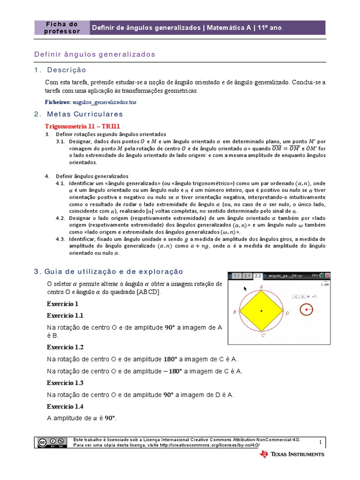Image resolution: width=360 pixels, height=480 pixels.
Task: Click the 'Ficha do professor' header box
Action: tap(61, 28)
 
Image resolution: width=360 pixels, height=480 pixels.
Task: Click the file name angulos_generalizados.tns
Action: tap(105, 102)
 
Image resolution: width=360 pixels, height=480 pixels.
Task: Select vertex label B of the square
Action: tap(234, 312)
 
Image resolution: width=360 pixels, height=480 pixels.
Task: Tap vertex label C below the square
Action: tap(263, 335)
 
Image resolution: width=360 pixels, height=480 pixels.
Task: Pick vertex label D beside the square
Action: tap(287, 313)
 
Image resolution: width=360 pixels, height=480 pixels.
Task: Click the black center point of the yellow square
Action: tap(261, 310)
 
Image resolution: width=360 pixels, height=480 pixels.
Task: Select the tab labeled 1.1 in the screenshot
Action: tap(236, 276)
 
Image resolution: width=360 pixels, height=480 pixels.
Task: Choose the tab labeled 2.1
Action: tap(247, 276)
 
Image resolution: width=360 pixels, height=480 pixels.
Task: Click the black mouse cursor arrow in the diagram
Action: tap(245, 288)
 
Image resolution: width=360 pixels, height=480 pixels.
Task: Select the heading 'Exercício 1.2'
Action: tap(65, 347)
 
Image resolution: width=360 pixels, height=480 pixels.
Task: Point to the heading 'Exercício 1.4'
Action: tap(65, 406)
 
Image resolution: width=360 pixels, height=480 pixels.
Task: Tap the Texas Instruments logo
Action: tap(292, 454)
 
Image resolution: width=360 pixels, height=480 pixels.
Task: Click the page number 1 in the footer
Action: tap(321, 442)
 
